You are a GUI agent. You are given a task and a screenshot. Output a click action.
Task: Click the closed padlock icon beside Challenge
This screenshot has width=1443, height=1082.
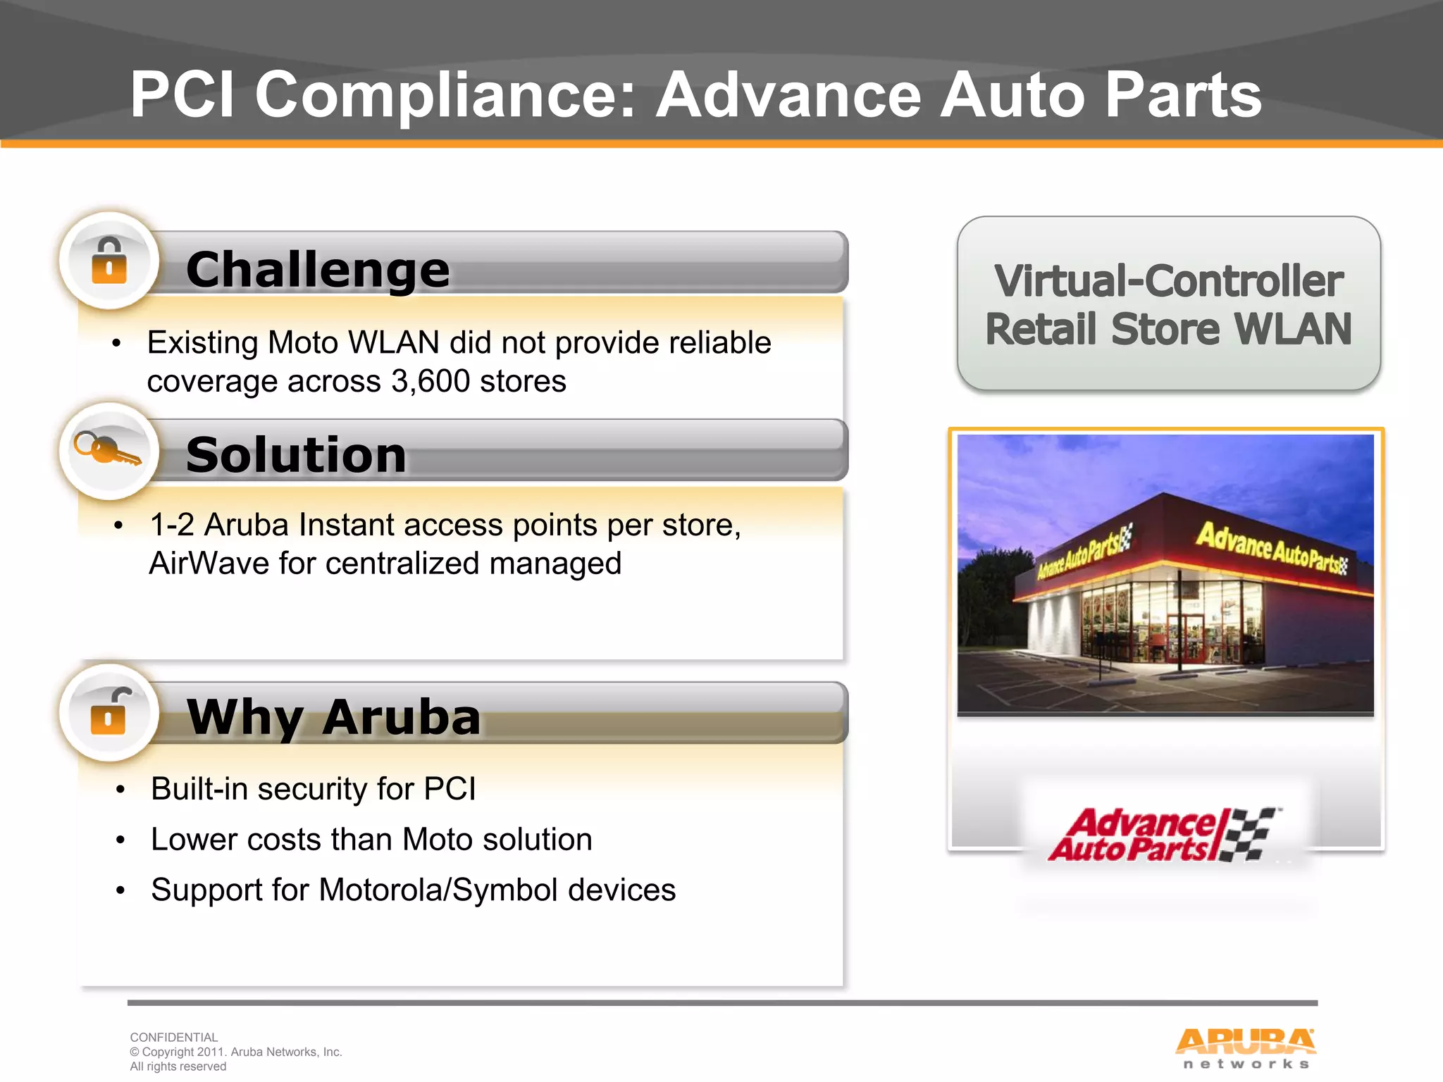click(109, 261)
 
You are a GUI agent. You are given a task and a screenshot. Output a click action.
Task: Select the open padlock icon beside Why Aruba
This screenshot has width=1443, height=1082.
click(109, 711)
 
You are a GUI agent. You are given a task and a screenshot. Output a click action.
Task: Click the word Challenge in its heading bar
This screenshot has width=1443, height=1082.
click(317, 270)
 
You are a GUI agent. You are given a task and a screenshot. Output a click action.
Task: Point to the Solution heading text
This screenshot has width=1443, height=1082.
click(296, 455)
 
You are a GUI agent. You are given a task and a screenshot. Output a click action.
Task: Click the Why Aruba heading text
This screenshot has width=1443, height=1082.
click(333, 717)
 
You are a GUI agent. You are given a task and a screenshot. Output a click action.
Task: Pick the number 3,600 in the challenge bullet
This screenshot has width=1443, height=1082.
click(430, 382)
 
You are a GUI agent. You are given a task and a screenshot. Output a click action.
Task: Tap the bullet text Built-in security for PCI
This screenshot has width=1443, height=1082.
click(313, 789)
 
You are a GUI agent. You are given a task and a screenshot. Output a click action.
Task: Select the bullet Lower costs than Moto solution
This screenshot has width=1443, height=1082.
click(371, 840)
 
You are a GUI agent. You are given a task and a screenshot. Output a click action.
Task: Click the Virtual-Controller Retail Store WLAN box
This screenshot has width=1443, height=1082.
click(1168, 304)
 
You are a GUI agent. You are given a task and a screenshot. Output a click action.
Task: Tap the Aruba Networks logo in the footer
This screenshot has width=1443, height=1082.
click(1245, 1048)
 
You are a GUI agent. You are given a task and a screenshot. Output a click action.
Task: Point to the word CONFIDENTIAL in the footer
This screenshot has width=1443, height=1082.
click(173, 1037)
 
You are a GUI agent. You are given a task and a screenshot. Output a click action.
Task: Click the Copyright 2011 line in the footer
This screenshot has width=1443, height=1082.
click(236, 1052)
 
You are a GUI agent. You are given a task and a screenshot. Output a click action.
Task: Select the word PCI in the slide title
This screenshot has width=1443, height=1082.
click(182, 95)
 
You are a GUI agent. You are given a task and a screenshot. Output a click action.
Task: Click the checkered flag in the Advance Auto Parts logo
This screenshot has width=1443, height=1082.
click(1251, 834)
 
